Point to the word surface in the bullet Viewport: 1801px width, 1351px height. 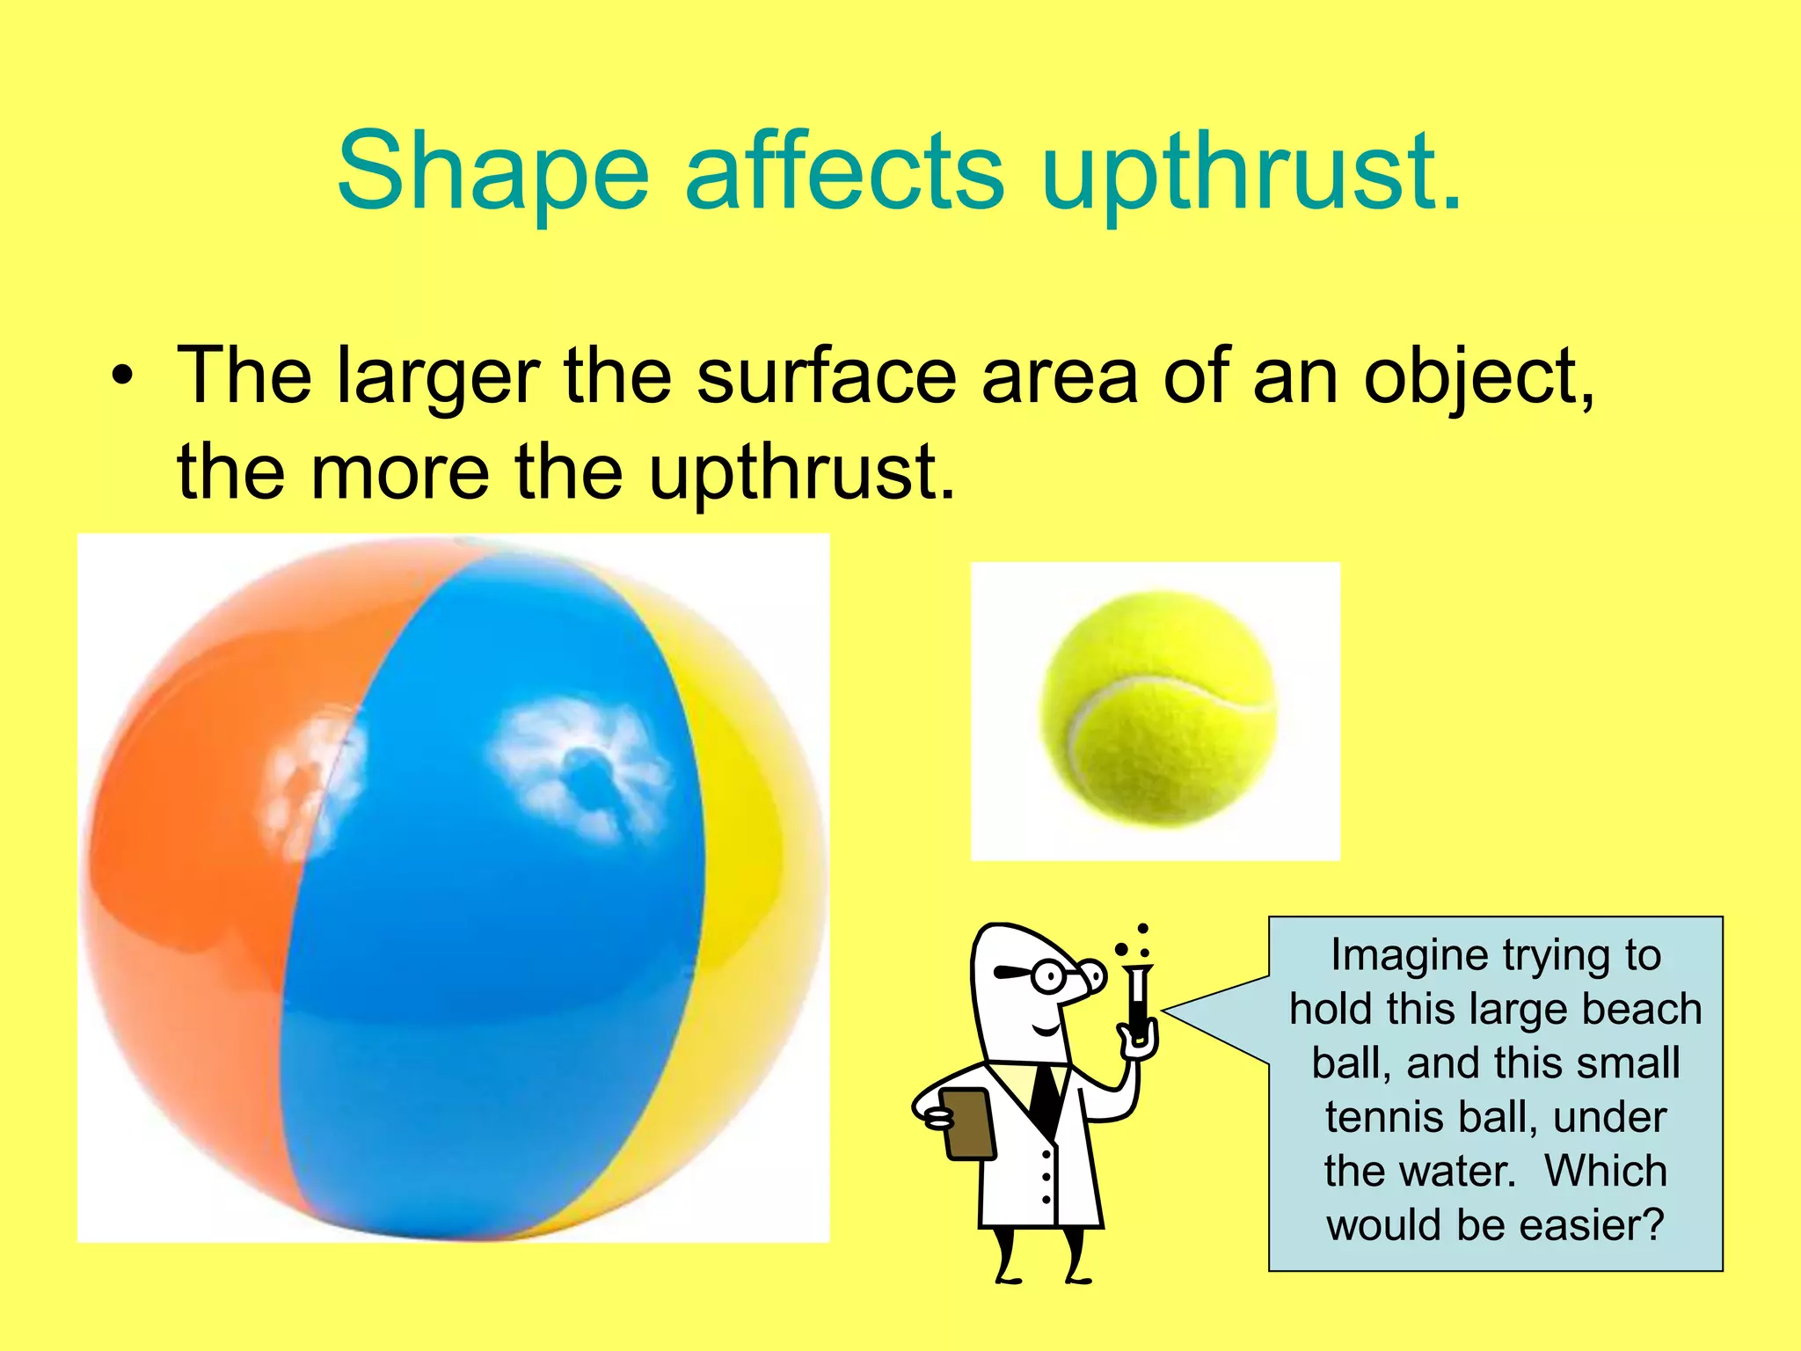827,376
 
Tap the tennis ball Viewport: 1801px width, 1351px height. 1156,709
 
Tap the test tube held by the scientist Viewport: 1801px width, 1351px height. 1138,1003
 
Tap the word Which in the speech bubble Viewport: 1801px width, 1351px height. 1605,1172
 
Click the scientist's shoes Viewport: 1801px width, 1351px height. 1042,1278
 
